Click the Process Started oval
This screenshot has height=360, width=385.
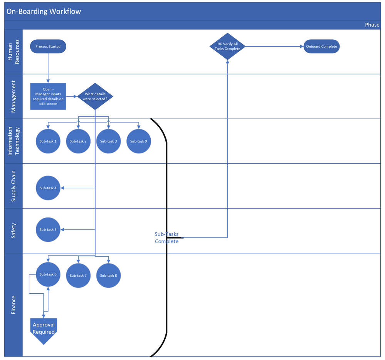(48, 47)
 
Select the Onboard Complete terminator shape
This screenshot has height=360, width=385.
(321, 47)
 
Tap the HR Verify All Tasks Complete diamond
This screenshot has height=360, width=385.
(227, 47)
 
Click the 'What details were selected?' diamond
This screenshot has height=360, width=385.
(95, 96)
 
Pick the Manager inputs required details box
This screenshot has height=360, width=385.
(48, 96)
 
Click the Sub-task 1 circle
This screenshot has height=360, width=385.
(48, 141)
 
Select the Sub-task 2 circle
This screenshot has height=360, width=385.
(78, 141)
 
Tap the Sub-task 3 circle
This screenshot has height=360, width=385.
(108, 141)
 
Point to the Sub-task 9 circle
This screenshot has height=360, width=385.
(139, 141)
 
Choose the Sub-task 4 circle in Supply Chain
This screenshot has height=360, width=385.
(48, 188)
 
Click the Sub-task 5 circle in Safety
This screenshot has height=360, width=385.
(48, 230)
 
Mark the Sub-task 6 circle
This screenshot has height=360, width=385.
(48, 275)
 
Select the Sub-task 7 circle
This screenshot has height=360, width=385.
(78, 275)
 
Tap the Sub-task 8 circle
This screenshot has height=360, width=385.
(108, 275)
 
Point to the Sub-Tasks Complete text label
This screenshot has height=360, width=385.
(166, 238)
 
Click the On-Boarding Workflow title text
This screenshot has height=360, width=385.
(44, 11)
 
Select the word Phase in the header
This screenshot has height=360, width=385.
(372, 25)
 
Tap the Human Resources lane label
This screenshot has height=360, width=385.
(13, 52)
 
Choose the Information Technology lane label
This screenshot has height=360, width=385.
(13, 141)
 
